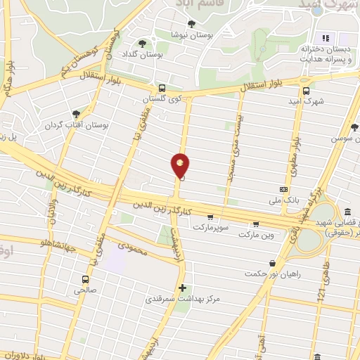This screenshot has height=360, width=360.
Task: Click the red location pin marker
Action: coord(181,166)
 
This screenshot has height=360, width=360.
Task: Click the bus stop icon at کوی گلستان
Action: coord(162,89)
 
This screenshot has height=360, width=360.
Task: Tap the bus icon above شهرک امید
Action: coord(305,90)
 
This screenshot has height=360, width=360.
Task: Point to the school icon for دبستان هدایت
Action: coord(326,38)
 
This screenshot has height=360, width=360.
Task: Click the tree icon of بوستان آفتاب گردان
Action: coord(76,113)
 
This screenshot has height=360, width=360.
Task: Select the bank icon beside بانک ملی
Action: coord(283,188)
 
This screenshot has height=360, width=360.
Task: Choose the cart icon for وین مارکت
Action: coord(256,225)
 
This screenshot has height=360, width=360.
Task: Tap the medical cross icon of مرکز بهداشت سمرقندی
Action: coord(183,288)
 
